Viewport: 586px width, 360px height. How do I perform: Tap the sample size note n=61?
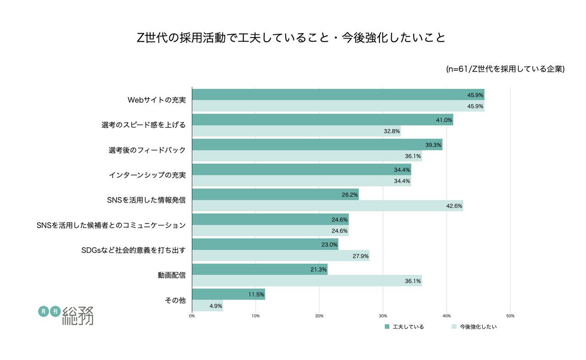tap(505, 69)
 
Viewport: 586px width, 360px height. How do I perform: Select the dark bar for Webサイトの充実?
tap(338, 95)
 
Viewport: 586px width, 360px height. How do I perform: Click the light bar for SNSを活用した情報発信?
tap(327, 206)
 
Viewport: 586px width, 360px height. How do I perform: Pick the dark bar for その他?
tap(228, 294)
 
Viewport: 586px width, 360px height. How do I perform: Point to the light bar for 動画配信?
tap(307, 280)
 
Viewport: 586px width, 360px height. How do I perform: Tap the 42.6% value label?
tap(454, 206)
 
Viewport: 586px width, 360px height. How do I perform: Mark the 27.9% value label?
tap(360, 256)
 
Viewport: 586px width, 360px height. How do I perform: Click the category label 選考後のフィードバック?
tap(147, 150)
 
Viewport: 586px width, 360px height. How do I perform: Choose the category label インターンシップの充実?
tap(147, 175)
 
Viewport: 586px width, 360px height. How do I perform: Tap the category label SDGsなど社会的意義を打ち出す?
tap(133, 250)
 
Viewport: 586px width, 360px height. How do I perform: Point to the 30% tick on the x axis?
tap(383, 316)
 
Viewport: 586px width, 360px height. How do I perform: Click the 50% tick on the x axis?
tap(510, 316)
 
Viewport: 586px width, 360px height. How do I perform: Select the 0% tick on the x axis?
tap(192, 316)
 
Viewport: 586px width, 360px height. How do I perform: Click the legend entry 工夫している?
tap(404, 327)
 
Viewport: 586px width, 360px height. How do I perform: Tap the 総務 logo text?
tap(77, 316)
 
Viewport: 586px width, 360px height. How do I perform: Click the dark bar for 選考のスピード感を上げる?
tap(322, 120)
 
